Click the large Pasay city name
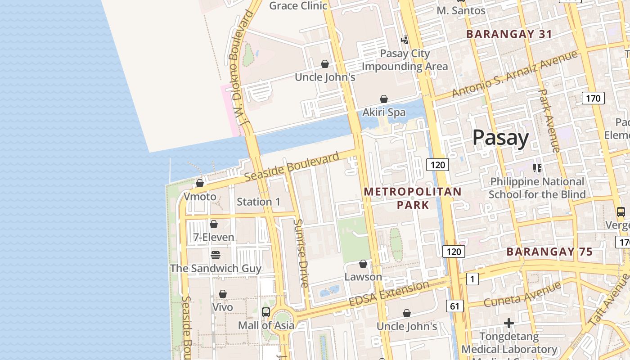click(x=500, y=137)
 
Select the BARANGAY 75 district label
click(x=549, y=252)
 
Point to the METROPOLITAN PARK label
click(x=413, y=198)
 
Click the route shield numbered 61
click(x=455, y=306)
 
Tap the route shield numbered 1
click(x=472, y=279)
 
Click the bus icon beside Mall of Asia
click(x=266, y=312)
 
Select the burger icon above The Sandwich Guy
click(x=216, y=255)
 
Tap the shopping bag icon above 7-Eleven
click(x=214, y=224)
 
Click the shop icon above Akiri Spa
click(x=384, y=99)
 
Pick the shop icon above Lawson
click(x=363, y=264)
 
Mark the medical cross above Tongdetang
click(x=509, y=323)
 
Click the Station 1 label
click(x=258, y=202)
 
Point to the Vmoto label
click(x=200, y=197)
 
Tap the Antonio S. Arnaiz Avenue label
click(x=514, y=74)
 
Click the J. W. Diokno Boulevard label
click(x=242, y=72)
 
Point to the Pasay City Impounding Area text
click(x=405, y=60)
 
